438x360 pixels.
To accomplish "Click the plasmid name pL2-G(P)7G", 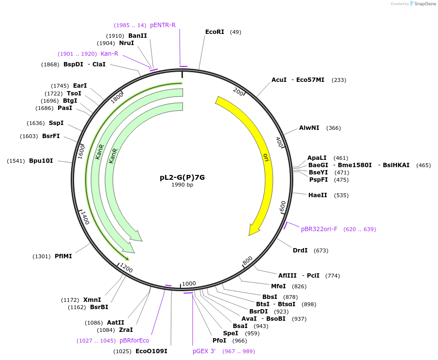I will click(182, 177).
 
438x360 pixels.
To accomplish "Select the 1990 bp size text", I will click(182, 185).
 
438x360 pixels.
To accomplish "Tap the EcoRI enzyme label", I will click(214, 32).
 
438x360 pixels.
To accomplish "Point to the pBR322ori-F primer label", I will click(319, 229).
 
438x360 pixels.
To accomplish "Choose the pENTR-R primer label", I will click(163, 25).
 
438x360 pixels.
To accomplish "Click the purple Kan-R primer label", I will click(109, 54).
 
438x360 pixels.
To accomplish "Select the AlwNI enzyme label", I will click(309, 128).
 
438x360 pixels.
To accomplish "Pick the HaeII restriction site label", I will click(317, 195).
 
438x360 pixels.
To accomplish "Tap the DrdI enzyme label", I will click(300, 250).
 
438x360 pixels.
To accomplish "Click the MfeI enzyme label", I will click(278, 286).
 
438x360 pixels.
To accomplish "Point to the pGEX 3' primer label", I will click(204, 351).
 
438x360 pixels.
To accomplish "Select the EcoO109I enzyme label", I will click(151, 351).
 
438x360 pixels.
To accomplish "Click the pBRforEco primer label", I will click(135, 341).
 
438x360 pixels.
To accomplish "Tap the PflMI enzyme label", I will click(63, 256).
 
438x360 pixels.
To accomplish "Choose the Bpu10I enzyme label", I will click(41, 161).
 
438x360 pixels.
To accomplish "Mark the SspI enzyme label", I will click(56, 123).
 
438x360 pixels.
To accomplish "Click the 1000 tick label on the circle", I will click(189, 283).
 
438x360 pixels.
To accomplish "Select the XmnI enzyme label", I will click(92, 300).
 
